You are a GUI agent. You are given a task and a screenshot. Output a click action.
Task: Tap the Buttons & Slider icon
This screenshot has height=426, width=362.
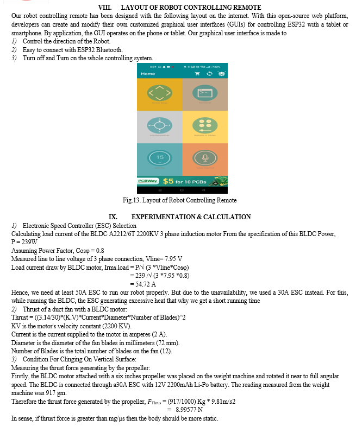(205, 125)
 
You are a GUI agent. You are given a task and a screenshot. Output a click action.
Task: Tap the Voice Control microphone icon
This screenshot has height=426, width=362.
(205, 157)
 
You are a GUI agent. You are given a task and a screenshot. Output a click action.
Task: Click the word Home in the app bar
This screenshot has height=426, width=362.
(148, 73)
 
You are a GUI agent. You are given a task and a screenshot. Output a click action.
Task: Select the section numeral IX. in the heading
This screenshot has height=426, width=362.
(113, 217)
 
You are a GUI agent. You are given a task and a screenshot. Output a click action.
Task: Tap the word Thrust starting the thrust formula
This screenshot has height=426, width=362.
(21, 317)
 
